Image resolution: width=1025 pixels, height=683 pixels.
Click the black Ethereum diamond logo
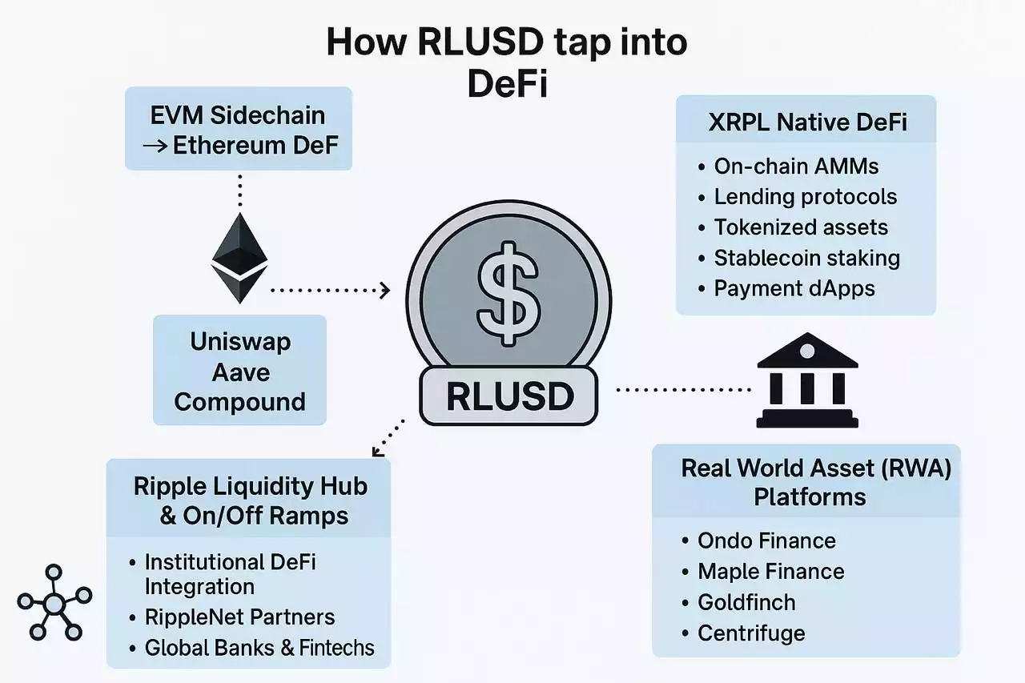click(x=239, y=258)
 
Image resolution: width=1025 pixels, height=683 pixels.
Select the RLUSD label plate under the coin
click(x=508, y=396)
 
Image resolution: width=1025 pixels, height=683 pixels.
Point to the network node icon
click(x=54, y=602)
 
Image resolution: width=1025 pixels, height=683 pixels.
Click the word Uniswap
click(x=240, y=342)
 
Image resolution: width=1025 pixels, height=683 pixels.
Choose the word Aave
click(x=240, y=372)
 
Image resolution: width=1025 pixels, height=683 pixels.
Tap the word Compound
click(x=240, y=401)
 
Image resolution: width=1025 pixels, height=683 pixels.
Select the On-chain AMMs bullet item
click(x=796, y=167)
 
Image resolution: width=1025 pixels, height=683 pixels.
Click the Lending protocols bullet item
click(x=805, y=197)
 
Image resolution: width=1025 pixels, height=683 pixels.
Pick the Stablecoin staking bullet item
click(x=806, y=258)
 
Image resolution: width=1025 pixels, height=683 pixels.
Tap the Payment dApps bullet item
click(x=794, y=288)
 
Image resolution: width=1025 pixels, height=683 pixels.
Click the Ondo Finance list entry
click(x=766, y=540)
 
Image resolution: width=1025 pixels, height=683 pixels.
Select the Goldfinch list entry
click(x=746, y=602)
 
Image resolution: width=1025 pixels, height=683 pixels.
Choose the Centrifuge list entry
click(x=751, y=633)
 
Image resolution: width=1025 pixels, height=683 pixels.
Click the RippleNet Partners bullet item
click(x=239, y=617)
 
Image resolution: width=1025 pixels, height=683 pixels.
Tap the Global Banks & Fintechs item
click(x=259, y=648)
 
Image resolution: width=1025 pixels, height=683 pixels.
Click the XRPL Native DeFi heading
click(x=806, y=123)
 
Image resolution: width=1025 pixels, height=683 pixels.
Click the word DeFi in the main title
click(x=508, y=85)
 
